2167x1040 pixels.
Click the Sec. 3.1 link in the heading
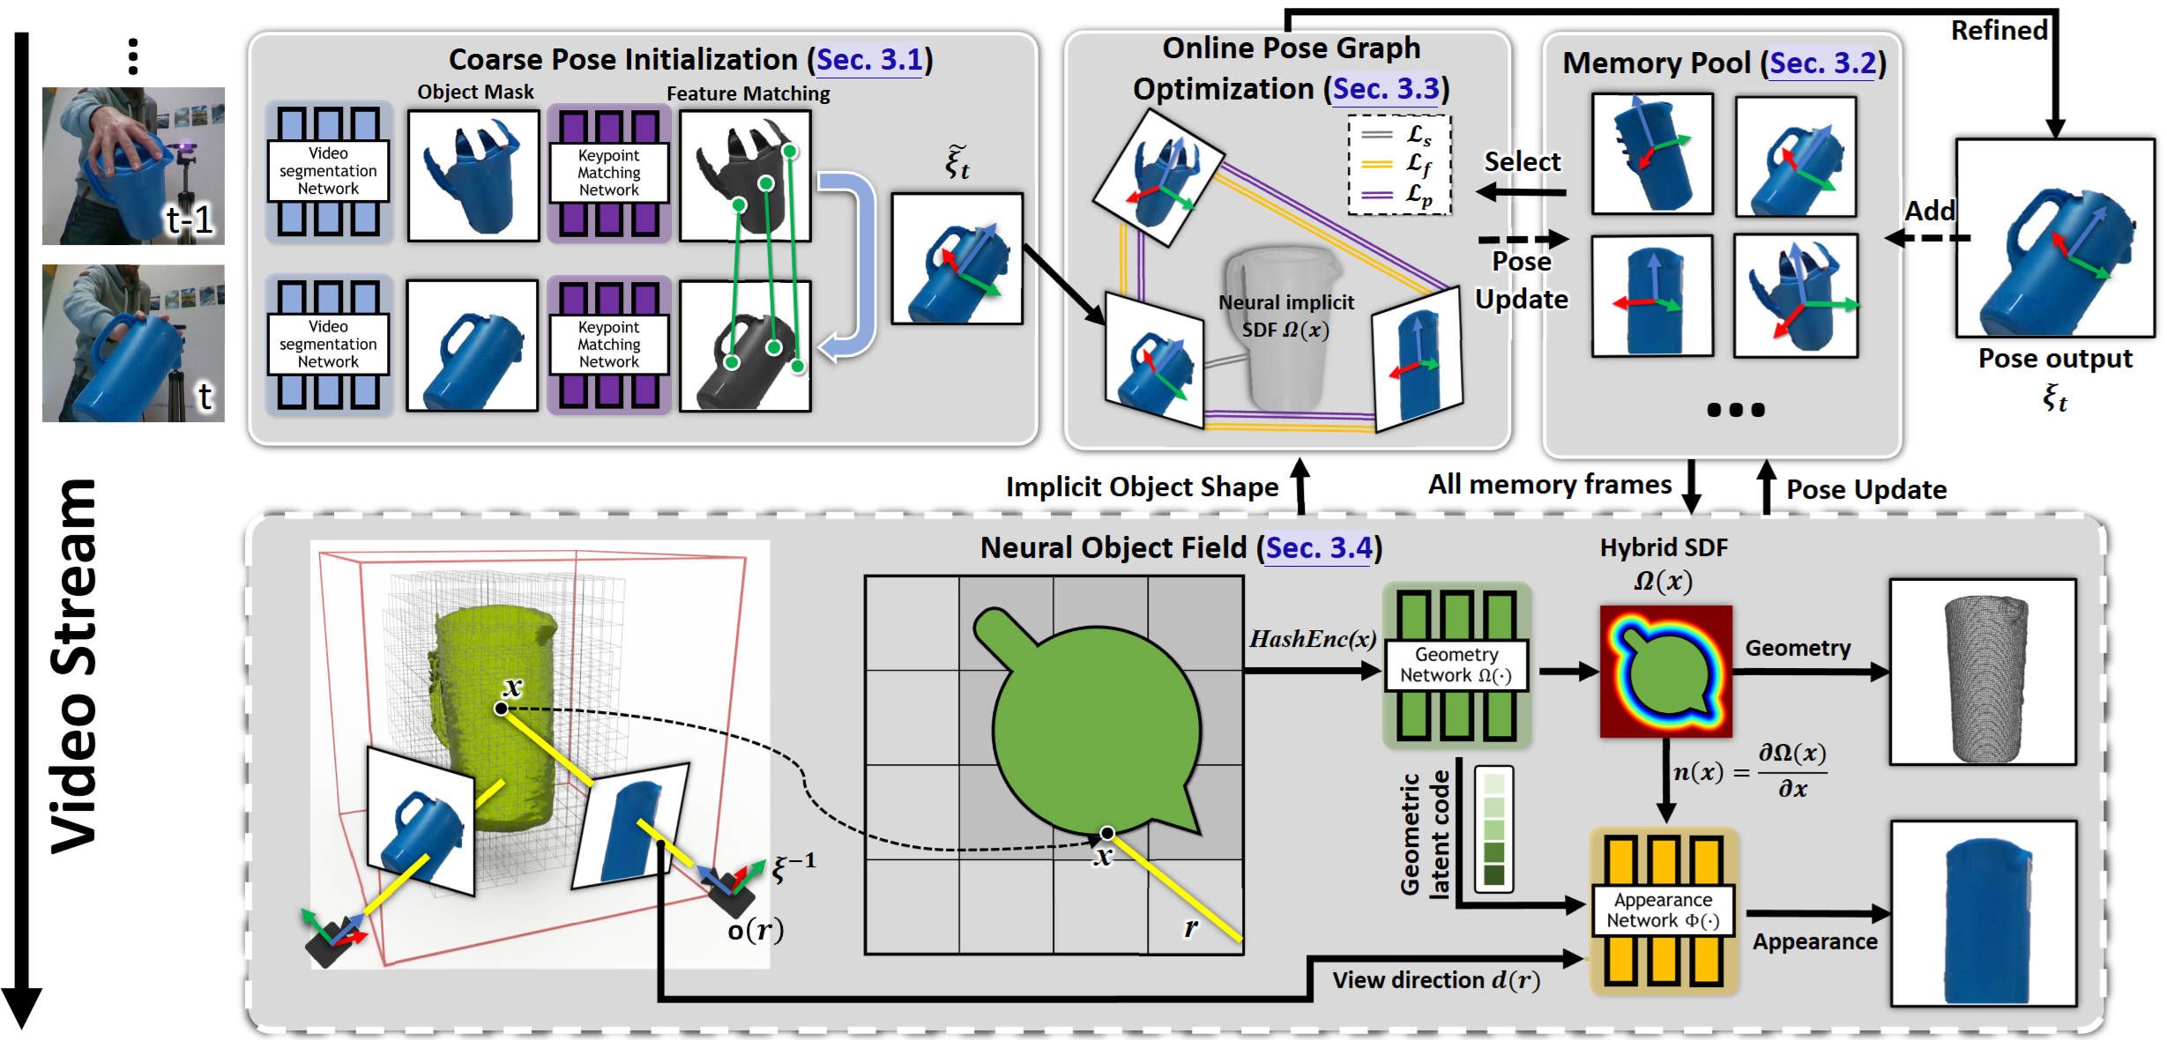(x=869, y=60)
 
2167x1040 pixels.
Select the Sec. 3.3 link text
(x=1385, y=89)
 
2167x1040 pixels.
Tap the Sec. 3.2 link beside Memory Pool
(x=1821, y=63)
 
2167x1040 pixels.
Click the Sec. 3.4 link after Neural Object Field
(x=1319, y=548)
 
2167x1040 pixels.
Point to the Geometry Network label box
(x=1456, y=665)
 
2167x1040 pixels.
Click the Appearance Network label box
(x=1663, y=910)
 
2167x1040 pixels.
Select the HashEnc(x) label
(x=1312, y=639)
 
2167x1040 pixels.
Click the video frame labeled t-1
(x=133, y=166)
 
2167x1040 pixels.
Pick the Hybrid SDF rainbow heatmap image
(x=1665, y=672)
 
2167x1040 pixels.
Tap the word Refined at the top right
(x=1999, y=31)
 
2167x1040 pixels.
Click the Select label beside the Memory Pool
(x=1522, y=162)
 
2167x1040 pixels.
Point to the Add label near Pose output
(x=1930, y=212)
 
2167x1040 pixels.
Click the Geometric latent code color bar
(x=1493, y=828)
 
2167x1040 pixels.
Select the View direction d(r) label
(x=1435, y=980)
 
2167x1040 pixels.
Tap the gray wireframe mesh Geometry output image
(x=1983, y=672)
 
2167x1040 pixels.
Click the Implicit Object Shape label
(x=1142, y=487)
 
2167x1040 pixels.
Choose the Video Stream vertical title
(x=74, y=665)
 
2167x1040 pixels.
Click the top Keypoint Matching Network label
(x=608, y=173)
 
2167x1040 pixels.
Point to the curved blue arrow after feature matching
(x=849, y=264)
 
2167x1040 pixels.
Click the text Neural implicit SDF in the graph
(x=1285, y=316)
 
